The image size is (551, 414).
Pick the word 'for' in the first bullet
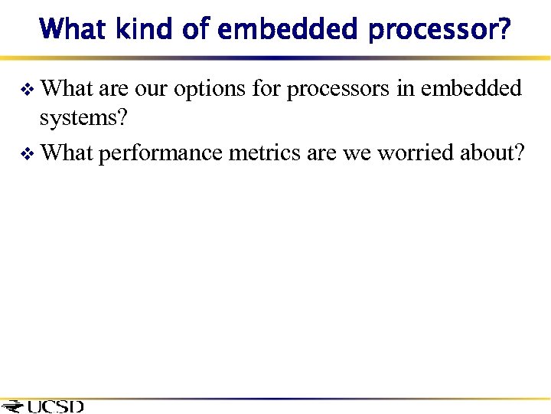pos(267,90)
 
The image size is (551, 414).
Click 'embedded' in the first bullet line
pos(471,90)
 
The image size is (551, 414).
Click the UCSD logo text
pos(55,406)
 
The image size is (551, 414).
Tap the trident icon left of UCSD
pos(13,406)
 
